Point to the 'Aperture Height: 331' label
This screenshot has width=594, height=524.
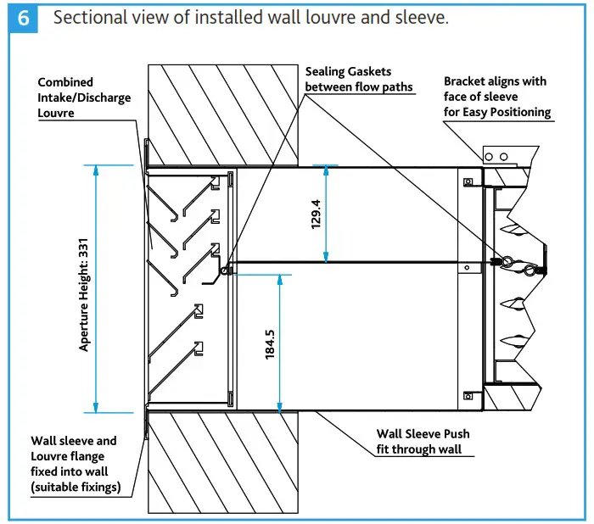84,288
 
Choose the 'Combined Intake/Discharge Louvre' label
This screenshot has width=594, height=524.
84,97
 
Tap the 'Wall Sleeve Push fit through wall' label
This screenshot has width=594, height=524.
423,441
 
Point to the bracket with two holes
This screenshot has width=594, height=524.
501,156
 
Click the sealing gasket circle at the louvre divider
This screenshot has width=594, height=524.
225,270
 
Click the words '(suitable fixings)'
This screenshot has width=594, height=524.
76,487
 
